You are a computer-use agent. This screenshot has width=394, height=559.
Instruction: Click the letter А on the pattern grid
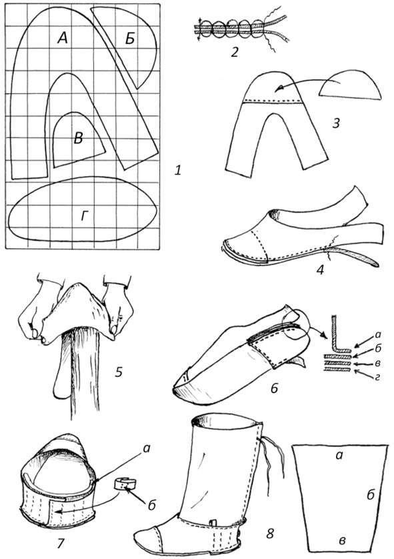[x=63, y=37]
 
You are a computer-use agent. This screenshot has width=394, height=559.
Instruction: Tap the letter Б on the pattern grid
[x=130, y=39]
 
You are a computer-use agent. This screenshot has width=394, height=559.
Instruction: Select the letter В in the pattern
[x=78, y=139]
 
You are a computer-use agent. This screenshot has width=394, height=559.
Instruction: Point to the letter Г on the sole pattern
[x=84, y=216]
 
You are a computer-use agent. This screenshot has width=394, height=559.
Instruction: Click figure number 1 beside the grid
[x=177, y=171]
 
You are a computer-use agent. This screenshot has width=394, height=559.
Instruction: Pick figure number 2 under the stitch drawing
[x=234, y=53]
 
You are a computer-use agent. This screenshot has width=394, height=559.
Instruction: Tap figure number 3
[x=335, y=123]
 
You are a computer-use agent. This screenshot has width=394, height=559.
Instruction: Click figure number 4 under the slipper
[x=320, y=270]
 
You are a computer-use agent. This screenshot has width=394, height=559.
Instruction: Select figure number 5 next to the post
[x=119, y=372]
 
